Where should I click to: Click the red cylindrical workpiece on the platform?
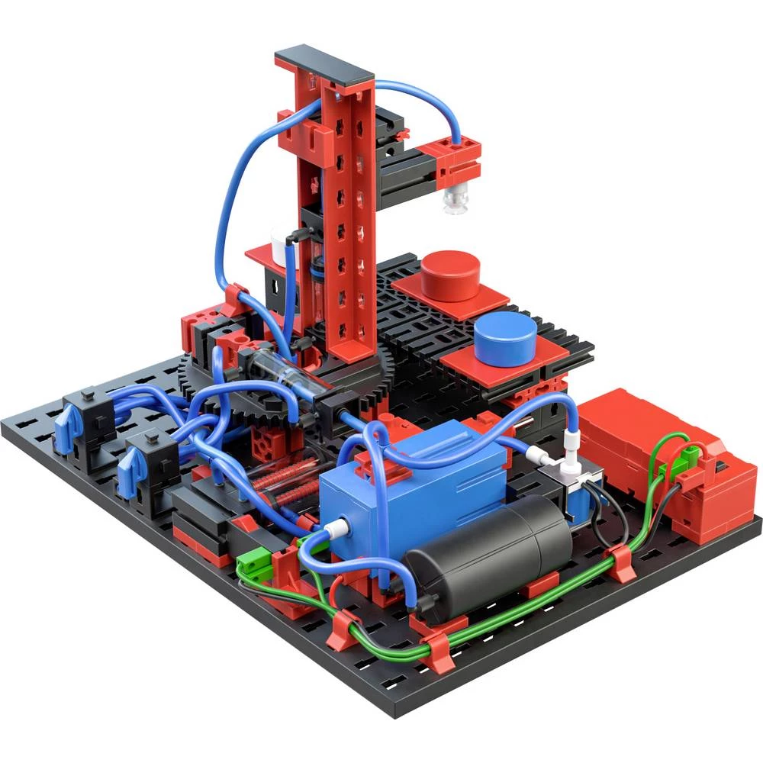pos(451,275)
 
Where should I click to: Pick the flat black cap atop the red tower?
pos(324,65)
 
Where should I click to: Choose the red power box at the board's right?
pos(664,458)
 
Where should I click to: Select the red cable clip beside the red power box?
pos(622,561)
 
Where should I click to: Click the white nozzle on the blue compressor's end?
pos(334,526)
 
